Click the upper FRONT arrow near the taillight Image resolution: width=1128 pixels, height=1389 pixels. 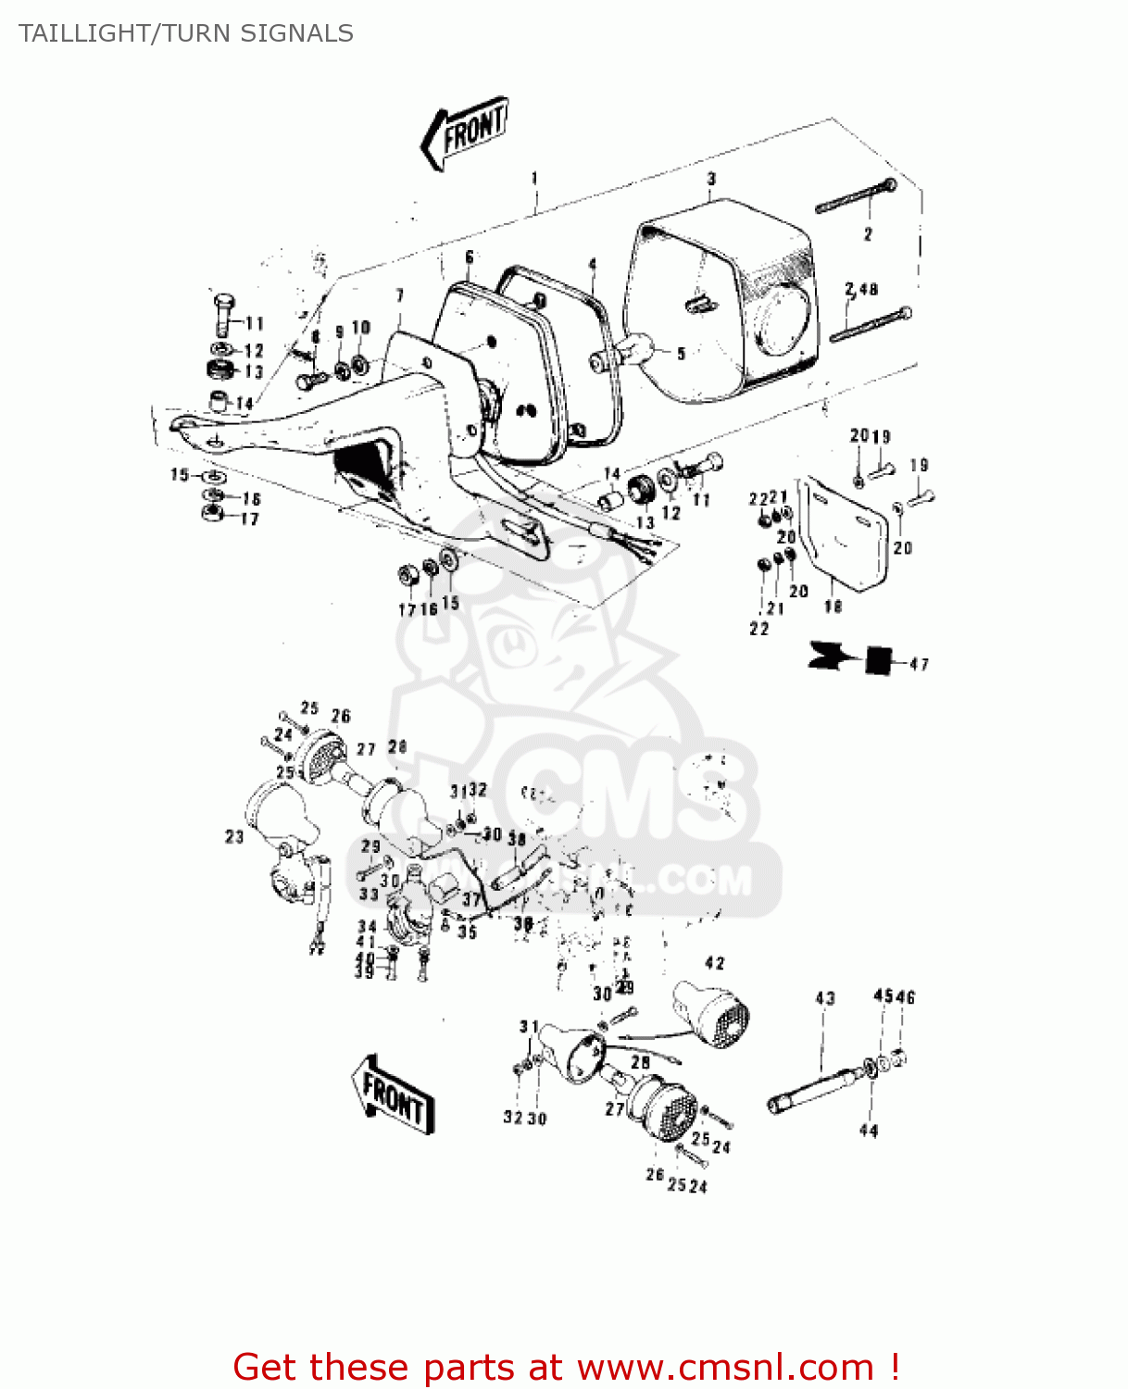coord(465,132)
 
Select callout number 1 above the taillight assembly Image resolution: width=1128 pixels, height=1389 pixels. coord(534,178)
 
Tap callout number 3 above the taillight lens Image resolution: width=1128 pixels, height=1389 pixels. coord(711,179)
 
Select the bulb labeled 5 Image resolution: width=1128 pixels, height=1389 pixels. coord(630,352)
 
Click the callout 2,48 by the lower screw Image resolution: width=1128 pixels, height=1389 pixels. coord(861,290)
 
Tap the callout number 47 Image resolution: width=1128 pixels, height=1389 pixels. coord(919,664)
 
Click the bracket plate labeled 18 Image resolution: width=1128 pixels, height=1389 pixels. coord(845,537)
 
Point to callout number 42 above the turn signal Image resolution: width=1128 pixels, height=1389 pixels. coord(715,963)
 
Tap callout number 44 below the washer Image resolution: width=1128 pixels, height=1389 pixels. coord(869,1131)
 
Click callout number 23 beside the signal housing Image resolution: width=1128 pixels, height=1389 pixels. coord(234,836)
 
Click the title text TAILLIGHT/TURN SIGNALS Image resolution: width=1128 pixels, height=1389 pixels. coord(186,33)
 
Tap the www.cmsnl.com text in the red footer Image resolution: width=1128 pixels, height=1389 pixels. coord(724,1367)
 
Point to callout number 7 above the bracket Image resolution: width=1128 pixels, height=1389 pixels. coord(400,295)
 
